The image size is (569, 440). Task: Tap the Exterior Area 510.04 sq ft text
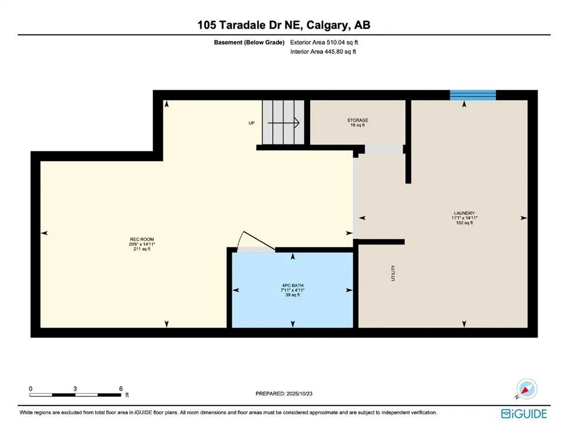click(x=324, y=42)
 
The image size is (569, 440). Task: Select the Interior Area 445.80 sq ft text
click(x=324, y=52)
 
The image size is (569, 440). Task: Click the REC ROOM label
click(x=142, y=239)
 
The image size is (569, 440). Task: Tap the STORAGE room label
click(x=358, y=120)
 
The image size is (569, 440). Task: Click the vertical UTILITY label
click(x=394, y=273)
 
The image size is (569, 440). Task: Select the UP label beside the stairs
click(x=251, y=123)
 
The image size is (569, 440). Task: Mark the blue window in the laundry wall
click(x=473, y=95)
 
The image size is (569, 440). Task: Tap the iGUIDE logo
click(x=523, y=413)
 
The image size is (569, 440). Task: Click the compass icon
click(x=527, y=390)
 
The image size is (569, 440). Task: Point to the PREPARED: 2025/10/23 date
click(x=284, y=394)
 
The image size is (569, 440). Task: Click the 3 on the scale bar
click(x=75, y=388)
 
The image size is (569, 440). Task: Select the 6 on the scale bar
click(x=121, y=388)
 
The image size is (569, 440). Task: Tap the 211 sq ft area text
click(x=142, y=249)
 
